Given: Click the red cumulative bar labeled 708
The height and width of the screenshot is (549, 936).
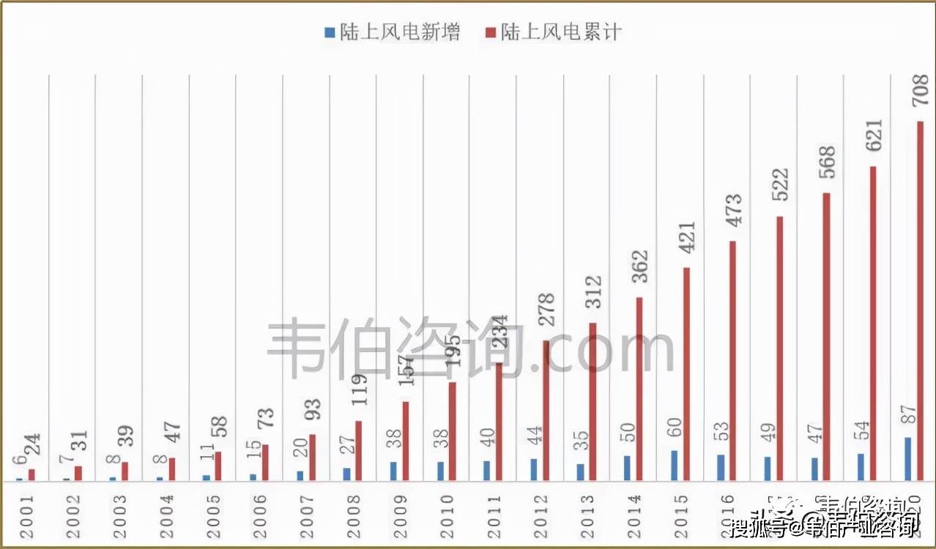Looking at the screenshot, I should (920, 301).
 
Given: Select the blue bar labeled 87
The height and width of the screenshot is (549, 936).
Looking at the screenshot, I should (908, 459).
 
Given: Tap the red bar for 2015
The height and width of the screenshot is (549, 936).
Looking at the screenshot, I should (686, 374).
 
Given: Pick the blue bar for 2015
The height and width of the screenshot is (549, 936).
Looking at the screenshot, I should (674, 466).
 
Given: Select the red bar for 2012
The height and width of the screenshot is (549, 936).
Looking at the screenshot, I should (546, 411).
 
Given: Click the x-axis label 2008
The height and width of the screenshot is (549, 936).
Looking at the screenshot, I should (354, 517).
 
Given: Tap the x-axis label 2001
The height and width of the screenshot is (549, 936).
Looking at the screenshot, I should (26, 517).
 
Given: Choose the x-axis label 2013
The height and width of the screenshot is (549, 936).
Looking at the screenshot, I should (589, 517).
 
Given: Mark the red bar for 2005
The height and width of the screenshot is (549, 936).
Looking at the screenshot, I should (218, 466).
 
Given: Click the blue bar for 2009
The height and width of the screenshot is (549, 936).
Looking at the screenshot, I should (393, 471).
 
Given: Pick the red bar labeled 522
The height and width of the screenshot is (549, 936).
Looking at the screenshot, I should (780, 348).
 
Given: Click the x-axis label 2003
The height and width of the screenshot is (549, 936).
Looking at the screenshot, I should (120, 517).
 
